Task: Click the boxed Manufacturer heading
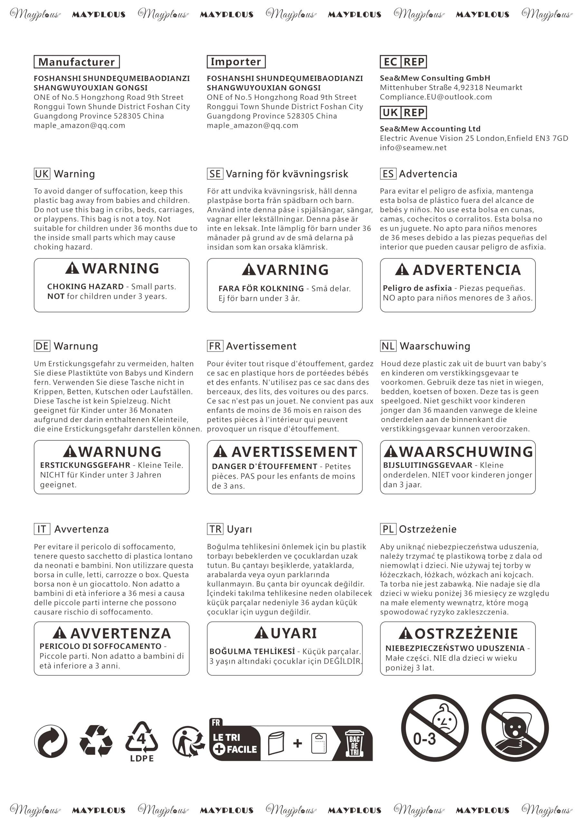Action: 77,62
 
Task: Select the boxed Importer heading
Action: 236,62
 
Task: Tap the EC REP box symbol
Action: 403,62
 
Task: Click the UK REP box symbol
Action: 403,113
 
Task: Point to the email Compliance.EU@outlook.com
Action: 436,97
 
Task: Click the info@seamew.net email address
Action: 413,148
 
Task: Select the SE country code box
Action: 215,174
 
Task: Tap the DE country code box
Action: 42,346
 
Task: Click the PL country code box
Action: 388,529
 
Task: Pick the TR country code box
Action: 215,529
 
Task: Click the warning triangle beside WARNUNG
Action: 70,451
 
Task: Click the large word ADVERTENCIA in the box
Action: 466,270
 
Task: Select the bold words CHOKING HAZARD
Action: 85,287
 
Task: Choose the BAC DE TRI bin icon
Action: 354,743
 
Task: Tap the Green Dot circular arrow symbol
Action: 51,741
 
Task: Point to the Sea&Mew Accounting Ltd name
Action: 430,129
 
